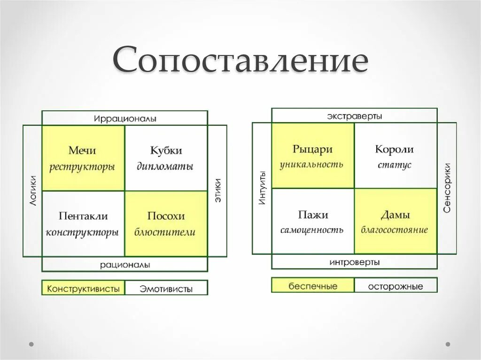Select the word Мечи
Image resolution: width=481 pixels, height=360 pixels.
(82, 151)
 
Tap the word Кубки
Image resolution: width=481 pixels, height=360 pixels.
(166, 151)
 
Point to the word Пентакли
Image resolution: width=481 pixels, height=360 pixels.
(83, 216)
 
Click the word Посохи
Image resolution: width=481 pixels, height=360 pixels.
(166, 216)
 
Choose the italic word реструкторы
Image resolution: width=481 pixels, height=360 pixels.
(82, 167)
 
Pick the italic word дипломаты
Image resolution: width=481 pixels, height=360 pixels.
(165, 167)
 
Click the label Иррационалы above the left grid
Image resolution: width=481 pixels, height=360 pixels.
(124, 118)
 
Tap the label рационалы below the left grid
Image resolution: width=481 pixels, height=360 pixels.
(124, 265)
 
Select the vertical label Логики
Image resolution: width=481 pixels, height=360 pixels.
(32, 190)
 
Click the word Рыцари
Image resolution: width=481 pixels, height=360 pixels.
(312, 149)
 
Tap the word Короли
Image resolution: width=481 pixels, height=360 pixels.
(395, 149)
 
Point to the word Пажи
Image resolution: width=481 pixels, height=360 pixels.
(313, 215)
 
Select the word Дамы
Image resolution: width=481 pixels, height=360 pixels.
(395, 215)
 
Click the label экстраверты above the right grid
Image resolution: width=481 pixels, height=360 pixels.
(355, 116)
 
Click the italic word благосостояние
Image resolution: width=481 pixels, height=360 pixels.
(395, 230)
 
